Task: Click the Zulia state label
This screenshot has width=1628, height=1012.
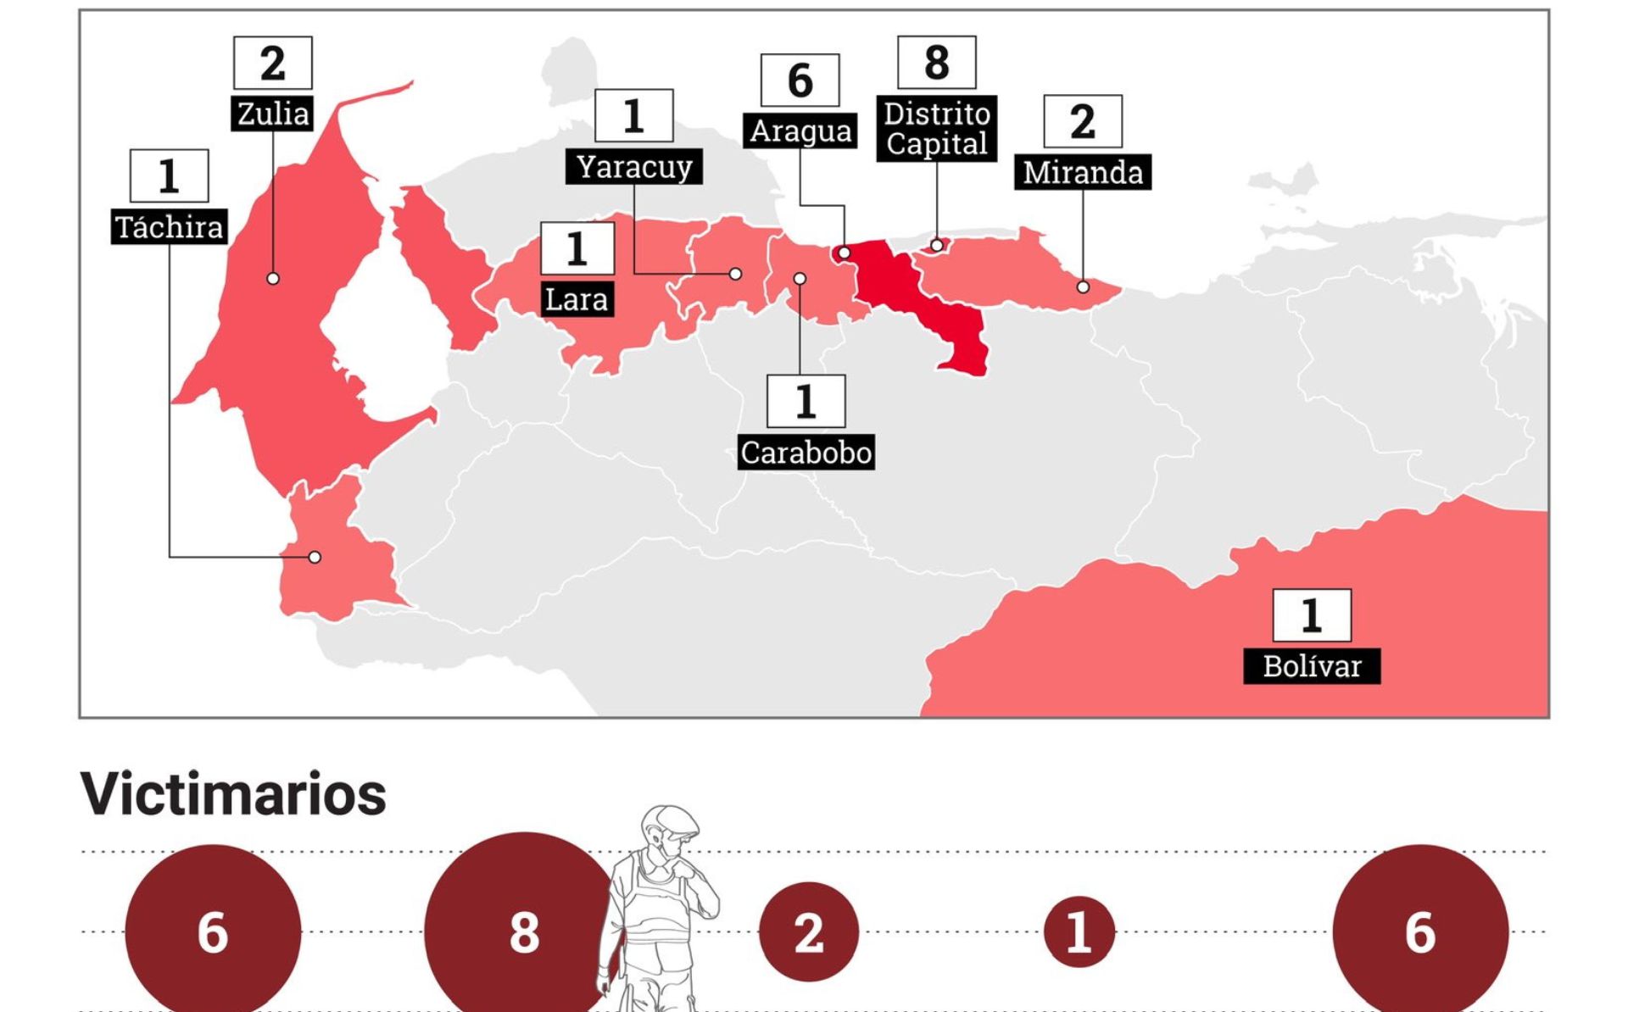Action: tap(272, 114)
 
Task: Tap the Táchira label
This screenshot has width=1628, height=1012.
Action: tap(169, 227)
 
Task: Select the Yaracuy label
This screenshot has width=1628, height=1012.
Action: tap(633, 167)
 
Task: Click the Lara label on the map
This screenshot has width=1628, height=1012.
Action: tap(577, 299)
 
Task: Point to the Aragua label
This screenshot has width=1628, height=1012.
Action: tap(800, 131)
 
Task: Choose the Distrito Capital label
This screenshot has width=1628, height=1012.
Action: tap(936, 129)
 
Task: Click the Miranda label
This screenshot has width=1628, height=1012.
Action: tap(1082, 172)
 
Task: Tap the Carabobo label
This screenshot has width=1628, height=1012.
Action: tap(806, 453)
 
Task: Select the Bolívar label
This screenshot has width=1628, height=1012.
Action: tap(1311, 666)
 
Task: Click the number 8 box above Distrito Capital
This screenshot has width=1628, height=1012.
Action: tap(936, 63)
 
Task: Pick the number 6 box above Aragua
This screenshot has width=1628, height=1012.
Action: tap(800, 81)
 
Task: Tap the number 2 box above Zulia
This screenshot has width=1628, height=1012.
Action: tap(272, 63)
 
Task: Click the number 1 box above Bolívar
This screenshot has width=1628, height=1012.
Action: tap(1311, 615)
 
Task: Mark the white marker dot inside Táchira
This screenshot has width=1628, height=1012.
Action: tap(315, 557)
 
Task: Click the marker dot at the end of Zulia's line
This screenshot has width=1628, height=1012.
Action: tap(273, 278)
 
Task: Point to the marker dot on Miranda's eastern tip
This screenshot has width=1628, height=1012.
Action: tap(1083, 287)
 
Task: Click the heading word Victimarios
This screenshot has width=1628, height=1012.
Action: tap(233, 794)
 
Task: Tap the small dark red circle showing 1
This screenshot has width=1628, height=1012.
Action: tap(1079, 932)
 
